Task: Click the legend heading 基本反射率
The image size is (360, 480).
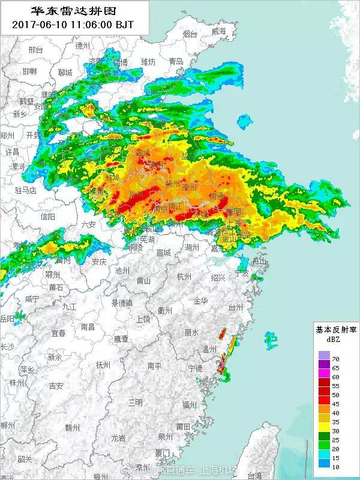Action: pyautogui.click(x=335, y=329)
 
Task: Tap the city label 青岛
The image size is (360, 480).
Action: pyautogui.click(x=176, y=61)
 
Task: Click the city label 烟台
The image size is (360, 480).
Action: pyautogui.click(x=190, y=34)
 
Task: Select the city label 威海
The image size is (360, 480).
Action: pyautogui.click(x=219, y=31)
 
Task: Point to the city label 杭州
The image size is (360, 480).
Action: pyautogui.click(x=184, y=277)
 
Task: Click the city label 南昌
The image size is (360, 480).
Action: pyautogui.click(x=88, y=327)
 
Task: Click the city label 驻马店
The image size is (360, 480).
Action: pyautogui.click(x=26, y=190)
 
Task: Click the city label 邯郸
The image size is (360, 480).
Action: pyautogui.click(x=29, y=71)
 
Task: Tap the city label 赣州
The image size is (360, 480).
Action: pyautogui.click(x=73, y=427)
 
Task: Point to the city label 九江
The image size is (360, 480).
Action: pyautogui.click(x=69, y=306)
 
